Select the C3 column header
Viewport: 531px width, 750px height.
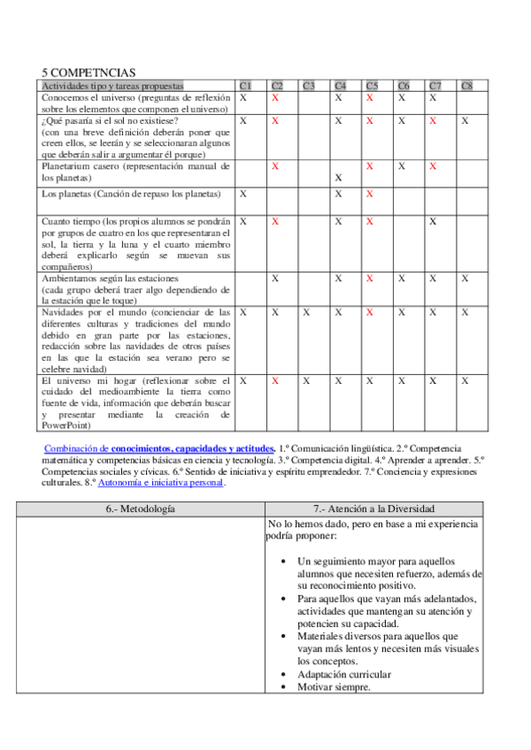click(x=308, y=86)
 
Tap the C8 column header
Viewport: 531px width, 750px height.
click(x=466, y=86)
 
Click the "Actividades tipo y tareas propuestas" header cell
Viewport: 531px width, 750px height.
click(x=112, y=86)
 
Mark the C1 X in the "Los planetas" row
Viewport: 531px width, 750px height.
click(x=243, y=193)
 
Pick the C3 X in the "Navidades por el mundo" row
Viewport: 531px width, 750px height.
click(x=306, y=312)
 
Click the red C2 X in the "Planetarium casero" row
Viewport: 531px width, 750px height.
click(x=275, y=165)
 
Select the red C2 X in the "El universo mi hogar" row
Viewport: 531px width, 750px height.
click(x=275, y=380)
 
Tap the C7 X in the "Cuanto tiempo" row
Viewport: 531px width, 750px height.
click(x=434, y=221)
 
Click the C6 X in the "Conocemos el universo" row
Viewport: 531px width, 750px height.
click(x=403, y=98)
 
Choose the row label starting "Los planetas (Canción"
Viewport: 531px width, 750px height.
click(x=131, y=193)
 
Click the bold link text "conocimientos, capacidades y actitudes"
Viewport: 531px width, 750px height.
click(x=193, y=449)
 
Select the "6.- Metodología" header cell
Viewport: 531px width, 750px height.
click(x=141, y=509)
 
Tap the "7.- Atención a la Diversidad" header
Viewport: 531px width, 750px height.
click(x=376, y=509)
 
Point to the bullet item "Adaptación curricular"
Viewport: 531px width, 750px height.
click(x=344, y=675)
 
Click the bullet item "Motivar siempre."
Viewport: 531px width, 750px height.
click(x=334, y=687)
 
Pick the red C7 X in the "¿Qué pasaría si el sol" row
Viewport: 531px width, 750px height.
click(x=434, y=120)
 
